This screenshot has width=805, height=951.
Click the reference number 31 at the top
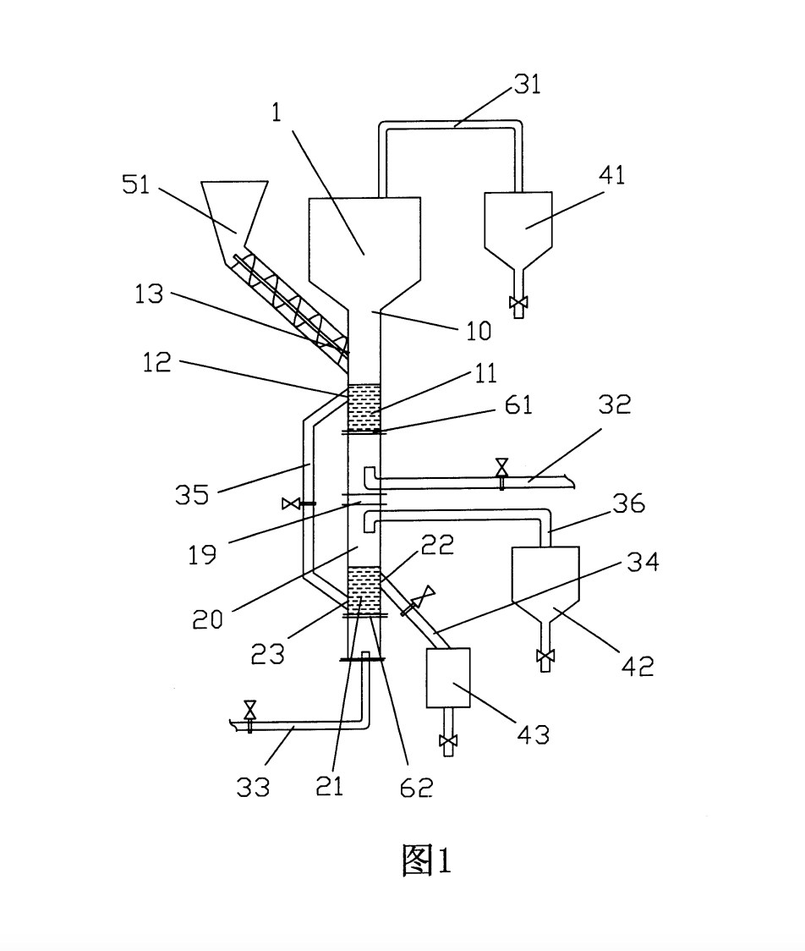coord(527,85)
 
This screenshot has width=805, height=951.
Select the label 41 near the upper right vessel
coord(611,174)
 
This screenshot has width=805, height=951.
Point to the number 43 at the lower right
coord(534,734)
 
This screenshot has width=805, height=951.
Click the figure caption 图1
coord(427,860)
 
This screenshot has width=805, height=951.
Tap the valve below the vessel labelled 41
coord(518,302)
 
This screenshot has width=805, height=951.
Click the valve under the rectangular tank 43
coord(448,740)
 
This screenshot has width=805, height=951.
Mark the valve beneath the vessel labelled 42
coord(545,657)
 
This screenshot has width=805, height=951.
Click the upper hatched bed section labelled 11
coord(364,407)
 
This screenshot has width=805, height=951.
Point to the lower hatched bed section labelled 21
coord(364,590)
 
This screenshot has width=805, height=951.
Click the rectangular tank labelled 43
coord(448,678)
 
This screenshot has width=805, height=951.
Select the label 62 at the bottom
coord(416,787)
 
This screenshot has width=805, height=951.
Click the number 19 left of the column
coord(202,554)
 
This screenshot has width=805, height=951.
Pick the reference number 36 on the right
coord(628,503)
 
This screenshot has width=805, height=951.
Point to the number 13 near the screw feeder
coord(149,294)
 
